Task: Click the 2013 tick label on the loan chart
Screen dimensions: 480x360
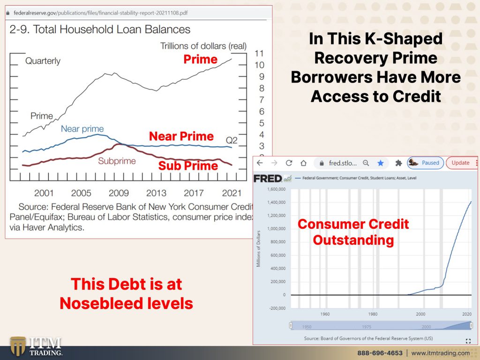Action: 156,193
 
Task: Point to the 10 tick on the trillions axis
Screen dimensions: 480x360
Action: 259,65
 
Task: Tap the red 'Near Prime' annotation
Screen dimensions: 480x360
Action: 181,136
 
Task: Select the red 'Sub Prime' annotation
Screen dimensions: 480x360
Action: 188,165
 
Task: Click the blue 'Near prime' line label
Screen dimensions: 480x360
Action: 82,128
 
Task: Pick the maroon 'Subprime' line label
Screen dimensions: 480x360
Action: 117,161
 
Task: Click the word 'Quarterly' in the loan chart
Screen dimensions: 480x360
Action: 43,61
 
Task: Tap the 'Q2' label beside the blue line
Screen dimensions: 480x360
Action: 232,140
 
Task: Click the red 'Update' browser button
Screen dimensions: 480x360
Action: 460,163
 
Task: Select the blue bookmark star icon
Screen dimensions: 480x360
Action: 381,163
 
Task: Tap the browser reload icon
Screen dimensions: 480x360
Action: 289,163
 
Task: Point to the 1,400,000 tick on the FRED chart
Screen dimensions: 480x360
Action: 276,202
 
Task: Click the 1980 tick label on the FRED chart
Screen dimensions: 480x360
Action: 373,314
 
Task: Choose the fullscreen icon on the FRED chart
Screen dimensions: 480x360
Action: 468,341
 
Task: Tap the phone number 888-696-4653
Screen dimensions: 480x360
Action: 380,353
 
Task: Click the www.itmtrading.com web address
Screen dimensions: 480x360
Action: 441,353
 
